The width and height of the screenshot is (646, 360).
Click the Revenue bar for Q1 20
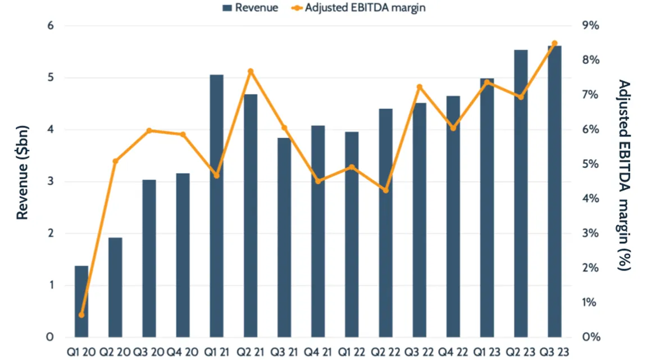pos(81,301)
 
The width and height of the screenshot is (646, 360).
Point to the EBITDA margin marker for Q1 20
pos(81,315)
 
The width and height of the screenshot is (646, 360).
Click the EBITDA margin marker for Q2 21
pos(251,71)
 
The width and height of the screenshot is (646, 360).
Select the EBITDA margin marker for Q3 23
pos(554,43)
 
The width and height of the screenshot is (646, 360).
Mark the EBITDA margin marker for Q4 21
pos(318,181)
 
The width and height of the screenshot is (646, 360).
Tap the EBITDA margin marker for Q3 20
pos(149,131)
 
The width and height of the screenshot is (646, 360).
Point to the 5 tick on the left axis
pos(50,78)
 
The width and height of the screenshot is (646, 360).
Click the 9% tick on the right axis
pos(590,26)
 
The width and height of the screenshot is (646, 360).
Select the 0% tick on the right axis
pos(590,337)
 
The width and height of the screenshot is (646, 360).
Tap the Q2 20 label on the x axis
pos(116,352)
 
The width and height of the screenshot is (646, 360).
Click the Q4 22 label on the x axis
pos(453,352)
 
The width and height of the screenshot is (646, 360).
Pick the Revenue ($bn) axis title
pos(22,172)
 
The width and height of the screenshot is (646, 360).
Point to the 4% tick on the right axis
pos(590,199)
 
